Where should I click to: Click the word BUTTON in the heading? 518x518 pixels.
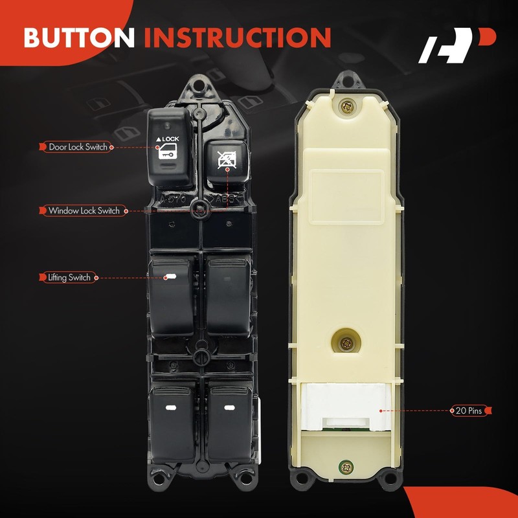[x=80, y=38]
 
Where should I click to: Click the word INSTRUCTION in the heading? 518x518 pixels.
[x=237, y=38]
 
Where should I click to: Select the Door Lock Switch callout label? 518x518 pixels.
[x=78, y=147]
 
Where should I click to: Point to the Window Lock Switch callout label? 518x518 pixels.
[x=84, y=210]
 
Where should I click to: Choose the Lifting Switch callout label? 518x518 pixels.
[x=69, y=277]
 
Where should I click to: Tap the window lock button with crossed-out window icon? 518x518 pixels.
[x=227, y=160]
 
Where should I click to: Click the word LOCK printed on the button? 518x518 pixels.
[x=170, y=139]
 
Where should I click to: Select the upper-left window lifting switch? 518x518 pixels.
[x=171, y=295]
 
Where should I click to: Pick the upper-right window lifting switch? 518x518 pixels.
[x=229, y=295]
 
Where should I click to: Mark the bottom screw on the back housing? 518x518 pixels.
[x=347, y=466]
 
